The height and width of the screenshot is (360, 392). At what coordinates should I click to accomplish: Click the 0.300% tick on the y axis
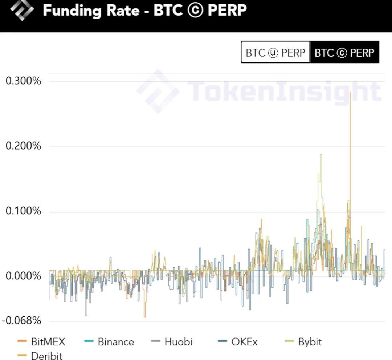coord(23,81)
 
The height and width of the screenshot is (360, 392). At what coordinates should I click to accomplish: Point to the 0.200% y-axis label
coord(23,146)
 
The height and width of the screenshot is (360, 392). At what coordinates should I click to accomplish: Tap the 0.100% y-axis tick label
coord(23,211)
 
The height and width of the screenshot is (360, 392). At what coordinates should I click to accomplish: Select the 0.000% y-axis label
coord(23,276)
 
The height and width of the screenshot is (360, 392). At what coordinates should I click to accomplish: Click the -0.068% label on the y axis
coord(21,321)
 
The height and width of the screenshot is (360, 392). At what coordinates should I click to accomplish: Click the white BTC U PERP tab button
coord(275,53)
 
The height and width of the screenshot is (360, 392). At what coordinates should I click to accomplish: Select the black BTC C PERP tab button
coord(344,53)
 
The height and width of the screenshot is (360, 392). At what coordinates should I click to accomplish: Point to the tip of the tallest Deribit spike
coord(350,93)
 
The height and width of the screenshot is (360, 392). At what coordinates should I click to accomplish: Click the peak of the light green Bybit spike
coord(321,155)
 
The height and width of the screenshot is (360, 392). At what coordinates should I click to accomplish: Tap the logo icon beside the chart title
coord(22,11)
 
